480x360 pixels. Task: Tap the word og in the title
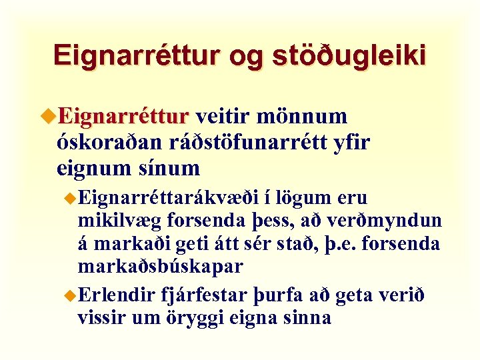tap(247, 57)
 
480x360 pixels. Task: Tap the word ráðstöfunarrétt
tap(250, 142)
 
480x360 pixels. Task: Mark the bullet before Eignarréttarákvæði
tap(71, 198)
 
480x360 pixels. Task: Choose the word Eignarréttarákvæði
tap(172, 199)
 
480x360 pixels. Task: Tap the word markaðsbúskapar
tap(161, 265)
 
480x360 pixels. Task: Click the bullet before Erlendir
tap(71, 295)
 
